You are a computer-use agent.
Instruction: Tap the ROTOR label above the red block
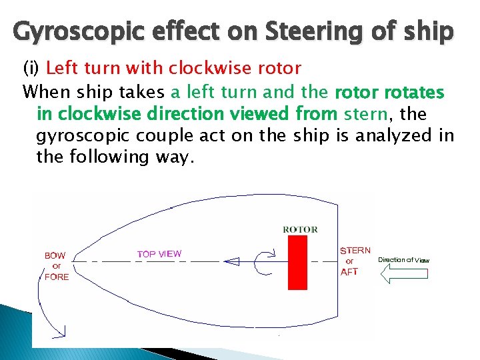(x=300, y=230)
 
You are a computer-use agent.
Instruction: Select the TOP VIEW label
(x=159, y=254)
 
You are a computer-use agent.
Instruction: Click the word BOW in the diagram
(x=55, y=255)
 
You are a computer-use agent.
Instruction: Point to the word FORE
(x=57, y=277)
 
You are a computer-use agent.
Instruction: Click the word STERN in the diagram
(x=355, y=251)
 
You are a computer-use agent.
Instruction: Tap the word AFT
(x=349, y=271)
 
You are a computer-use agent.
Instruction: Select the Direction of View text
(x=404, y=260)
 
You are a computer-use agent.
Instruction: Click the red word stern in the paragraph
(x=365, y=114)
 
